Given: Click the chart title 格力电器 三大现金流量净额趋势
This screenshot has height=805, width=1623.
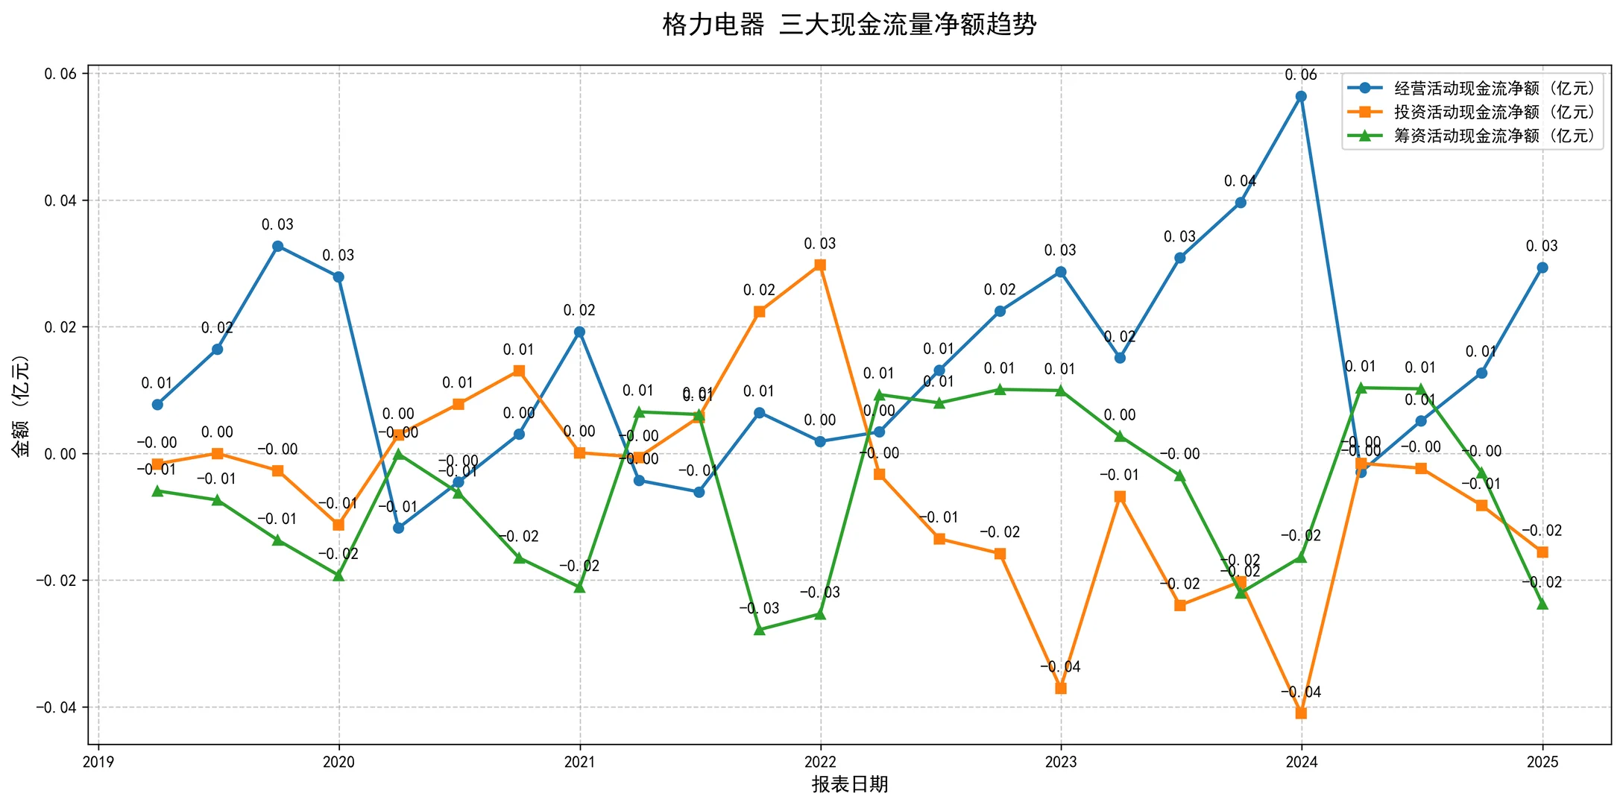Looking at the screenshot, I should tap(849, 25).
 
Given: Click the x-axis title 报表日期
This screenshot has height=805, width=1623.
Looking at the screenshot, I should tap(849, 784).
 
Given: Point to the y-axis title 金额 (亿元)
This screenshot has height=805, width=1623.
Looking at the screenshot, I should tap(21, 405).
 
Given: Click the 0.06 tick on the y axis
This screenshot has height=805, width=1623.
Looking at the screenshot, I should tap(60, 74).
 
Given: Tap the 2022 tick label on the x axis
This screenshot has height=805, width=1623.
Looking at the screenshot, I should tap(820, 762).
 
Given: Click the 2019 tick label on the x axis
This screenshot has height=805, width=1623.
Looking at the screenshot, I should tap(98, 762).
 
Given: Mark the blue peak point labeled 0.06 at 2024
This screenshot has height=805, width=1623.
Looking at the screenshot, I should tap(1301, 96).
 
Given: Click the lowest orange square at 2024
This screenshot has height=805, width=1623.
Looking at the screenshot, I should tap(1301, 713).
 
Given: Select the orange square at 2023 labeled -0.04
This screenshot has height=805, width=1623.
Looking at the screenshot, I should tap(1060, 688).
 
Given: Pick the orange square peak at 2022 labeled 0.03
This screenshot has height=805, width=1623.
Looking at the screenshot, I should tap(820, 265).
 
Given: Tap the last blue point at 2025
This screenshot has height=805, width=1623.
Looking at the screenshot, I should tap(1542, 268).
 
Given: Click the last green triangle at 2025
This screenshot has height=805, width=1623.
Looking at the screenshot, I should tap(1542, 604).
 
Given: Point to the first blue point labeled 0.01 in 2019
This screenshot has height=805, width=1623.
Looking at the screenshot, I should tap(157, 404).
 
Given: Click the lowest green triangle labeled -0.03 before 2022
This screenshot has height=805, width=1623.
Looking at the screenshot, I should tap(759, 630).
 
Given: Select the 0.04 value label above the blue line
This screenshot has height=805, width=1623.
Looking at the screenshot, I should tap(1240, 181).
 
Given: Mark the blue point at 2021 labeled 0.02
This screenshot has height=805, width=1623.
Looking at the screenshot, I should tap(579, 332).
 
